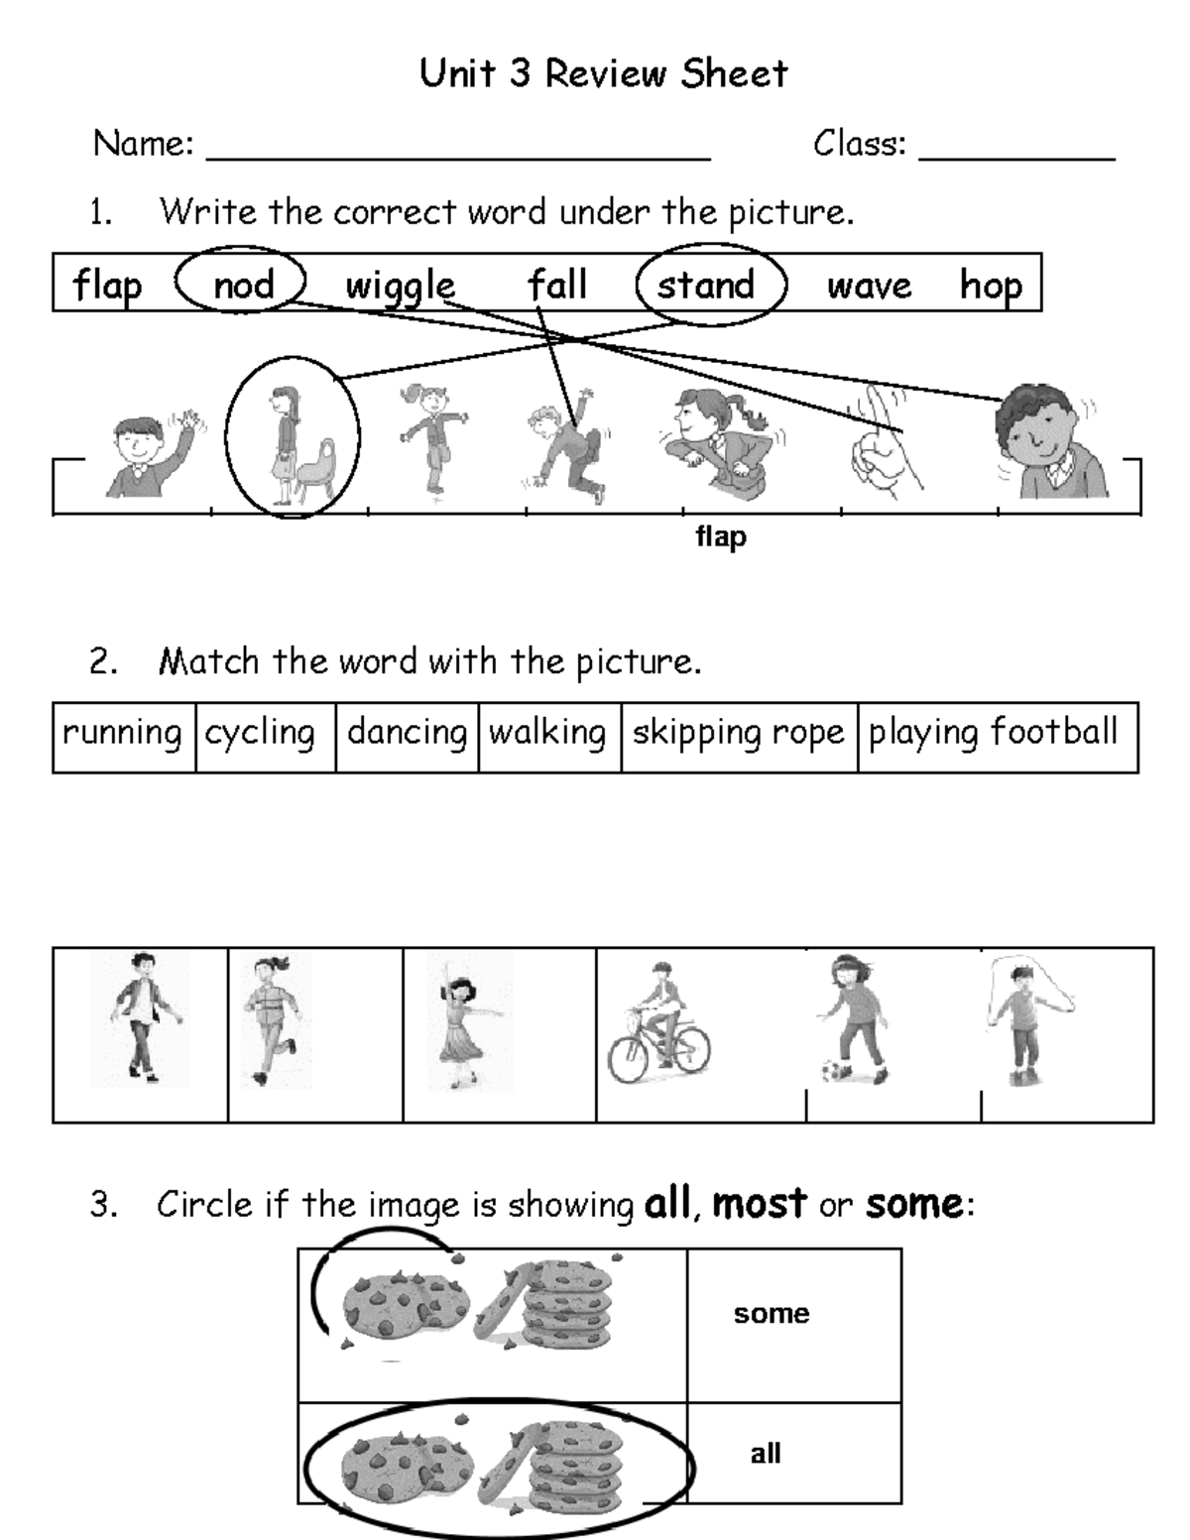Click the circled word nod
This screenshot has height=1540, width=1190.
pos(243,286)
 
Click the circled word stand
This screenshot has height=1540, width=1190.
pos(706,286)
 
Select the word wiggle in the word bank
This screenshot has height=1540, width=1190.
pos(400,287)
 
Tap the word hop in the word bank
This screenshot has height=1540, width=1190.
pos(990,286)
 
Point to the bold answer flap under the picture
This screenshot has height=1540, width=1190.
pos(721,537)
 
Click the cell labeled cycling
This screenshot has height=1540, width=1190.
pos(260,733)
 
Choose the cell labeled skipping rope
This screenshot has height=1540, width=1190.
pos(738,733)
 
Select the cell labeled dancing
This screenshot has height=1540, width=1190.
pos(407,733)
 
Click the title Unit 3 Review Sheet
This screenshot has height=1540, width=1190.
pos(603,73)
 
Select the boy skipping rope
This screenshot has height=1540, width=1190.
pos(1021,1021)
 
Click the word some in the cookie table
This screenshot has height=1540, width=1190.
pos(772,1314)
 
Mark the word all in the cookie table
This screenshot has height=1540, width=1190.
pos(766,1454)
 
